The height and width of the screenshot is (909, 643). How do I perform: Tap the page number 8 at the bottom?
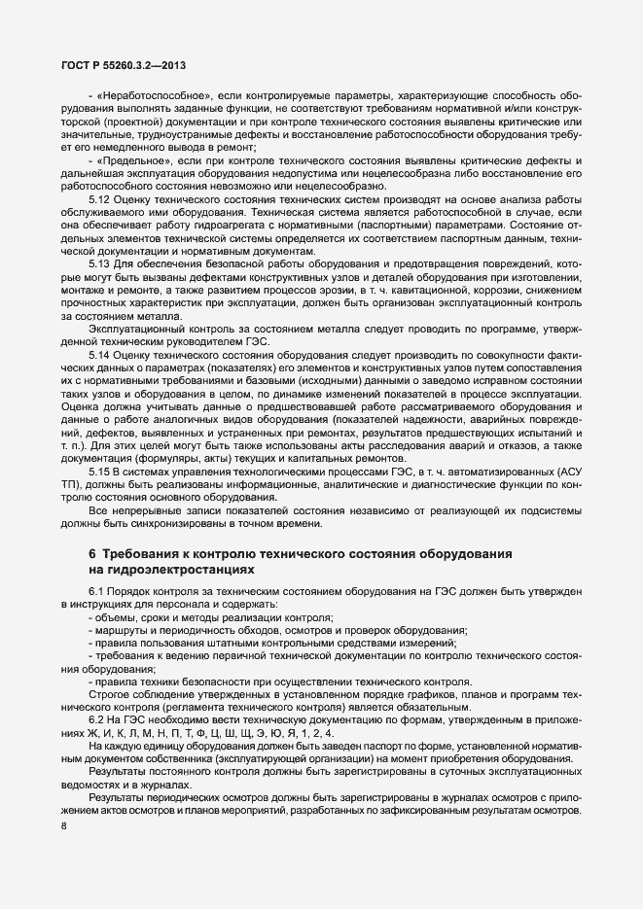click(x=64, y=800)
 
